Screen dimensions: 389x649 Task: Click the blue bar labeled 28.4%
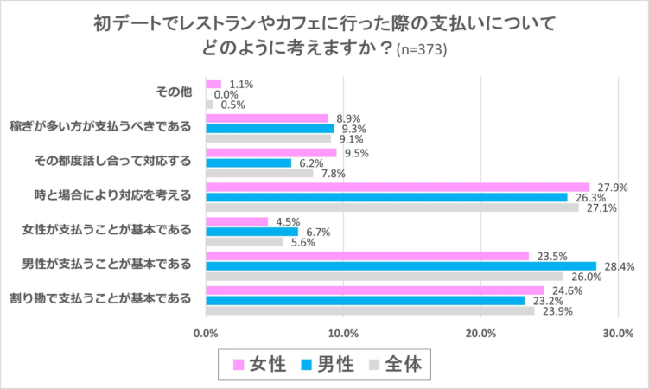click(401, 265)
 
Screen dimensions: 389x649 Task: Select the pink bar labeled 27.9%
click(398, 187)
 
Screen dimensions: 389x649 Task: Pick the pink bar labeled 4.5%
click(237, 221)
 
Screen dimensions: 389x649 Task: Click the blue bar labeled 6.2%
click(249, 163)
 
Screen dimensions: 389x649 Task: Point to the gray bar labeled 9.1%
click(269, 138)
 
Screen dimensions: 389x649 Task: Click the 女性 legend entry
click(257, 364)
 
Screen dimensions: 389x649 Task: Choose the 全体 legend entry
click(393, 364)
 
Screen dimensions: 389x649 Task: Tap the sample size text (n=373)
click(422, 50)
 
